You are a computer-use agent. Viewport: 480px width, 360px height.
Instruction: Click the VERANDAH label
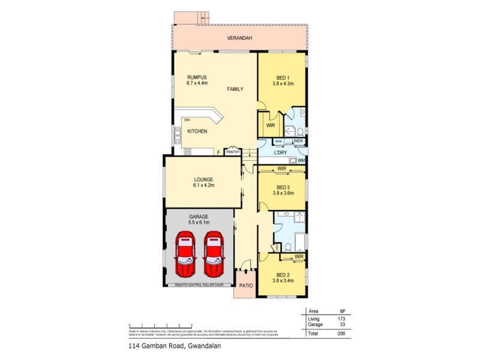239,38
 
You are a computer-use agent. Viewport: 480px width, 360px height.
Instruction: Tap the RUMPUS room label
197,77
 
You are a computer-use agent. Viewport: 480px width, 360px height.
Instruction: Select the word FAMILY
235,89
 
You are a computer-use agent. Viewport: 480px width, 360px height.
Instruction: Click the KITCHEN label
197,131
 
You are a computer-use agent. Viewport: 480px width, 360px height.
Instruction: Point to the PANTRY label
232,152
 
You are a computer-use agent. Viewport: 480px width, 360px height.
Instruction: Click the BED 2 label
283,274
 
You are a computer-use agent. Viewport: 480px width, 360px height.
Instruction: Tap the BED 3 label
283,187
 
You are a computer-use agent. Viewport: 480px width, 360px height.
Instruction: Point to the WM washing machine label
301,161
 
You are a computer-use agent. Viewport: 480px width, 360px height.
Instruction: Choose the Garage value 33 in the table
343,324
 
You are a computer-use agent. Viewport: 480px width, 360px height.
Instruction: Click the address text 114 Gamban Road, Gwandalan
169,346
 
